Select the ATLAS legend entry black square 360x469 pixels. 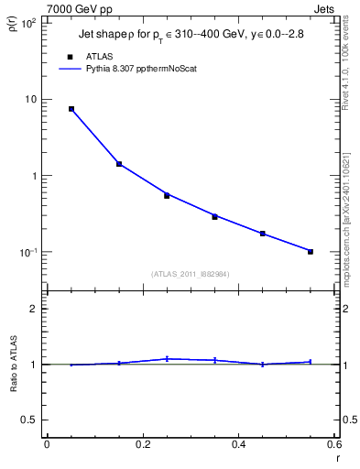click(x=71, y=56)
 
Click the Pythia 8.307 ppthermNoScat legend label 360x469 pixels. click(x=156, y=68)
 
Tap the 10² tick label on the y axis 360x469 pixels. click(x=28, y=22)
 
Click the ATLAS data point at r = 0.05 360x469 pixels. click(x=71, y=109)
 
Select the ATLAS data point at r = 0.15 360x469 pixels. click(x=119, y=164)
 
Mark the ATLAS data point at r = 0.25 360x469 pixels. click(x=167, y=195)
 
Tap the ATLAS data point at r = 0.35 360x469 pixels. click(x=214, y=217)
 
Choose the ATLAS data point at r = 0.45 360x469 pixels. click(x=263, y=234)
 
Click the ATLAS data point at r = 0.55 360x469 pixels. click(x=311, y=251)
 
